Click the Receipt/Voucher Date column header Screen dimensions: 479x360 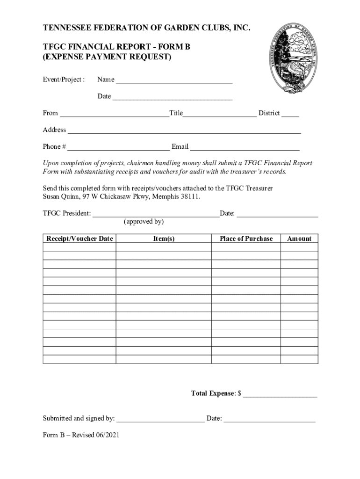pyautogui.click(x=79, y=239)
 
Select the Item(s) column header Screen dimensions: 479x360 pyautogui.click(x=164, y=239)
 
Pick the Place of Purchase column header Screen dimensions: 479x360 pyautogui.click(x=246, y=239)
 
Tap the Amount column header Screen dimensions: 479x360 pyautogui.click(x=299, y=239)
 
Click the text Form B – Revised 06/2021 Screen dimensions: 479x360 pyautogui.click(x=81, y=435)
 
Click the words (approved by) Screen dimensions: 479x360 pyautogui.click(x=144, y=222)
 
